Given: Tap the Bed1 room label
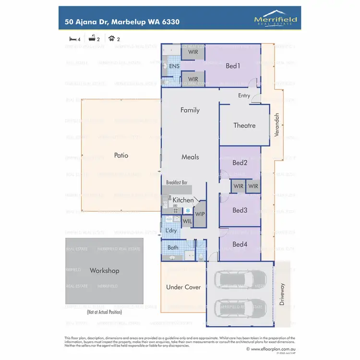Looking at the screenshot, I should click(x=233, y=66).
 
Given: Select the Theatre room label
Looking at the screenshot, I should click(x=244, y=125).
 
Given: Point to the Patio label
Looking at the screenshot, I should click(x=121, y=156).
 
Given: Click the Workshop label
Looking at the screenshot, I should click(x=104, y=271).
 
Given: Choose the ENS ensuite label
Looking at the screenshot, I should click(x=174, y=66).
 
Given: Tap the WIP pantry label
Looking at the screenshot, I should click(x=200, y=214).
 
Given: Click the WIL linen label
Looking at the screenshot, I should click(x=187, y=221).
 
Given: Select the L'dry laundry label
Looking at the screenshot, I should click(x=171, y=231).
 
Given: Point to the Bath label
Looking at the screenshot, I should click(x=173, y=248).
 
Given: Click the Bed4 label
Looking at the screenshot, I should click(x=240, y=245).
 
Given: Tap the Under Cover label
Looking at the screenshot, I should click(x=183, y=287).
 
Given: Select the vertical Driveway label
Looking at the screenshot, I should click(x=282, y=294).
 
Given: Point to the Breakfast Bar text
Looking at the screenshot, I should click(x=176, y=183).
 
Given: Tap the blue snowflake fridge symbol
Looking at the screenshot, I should click(x=188, y=210).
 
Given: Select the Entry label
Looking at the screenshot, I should click(x=244, y=96).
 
